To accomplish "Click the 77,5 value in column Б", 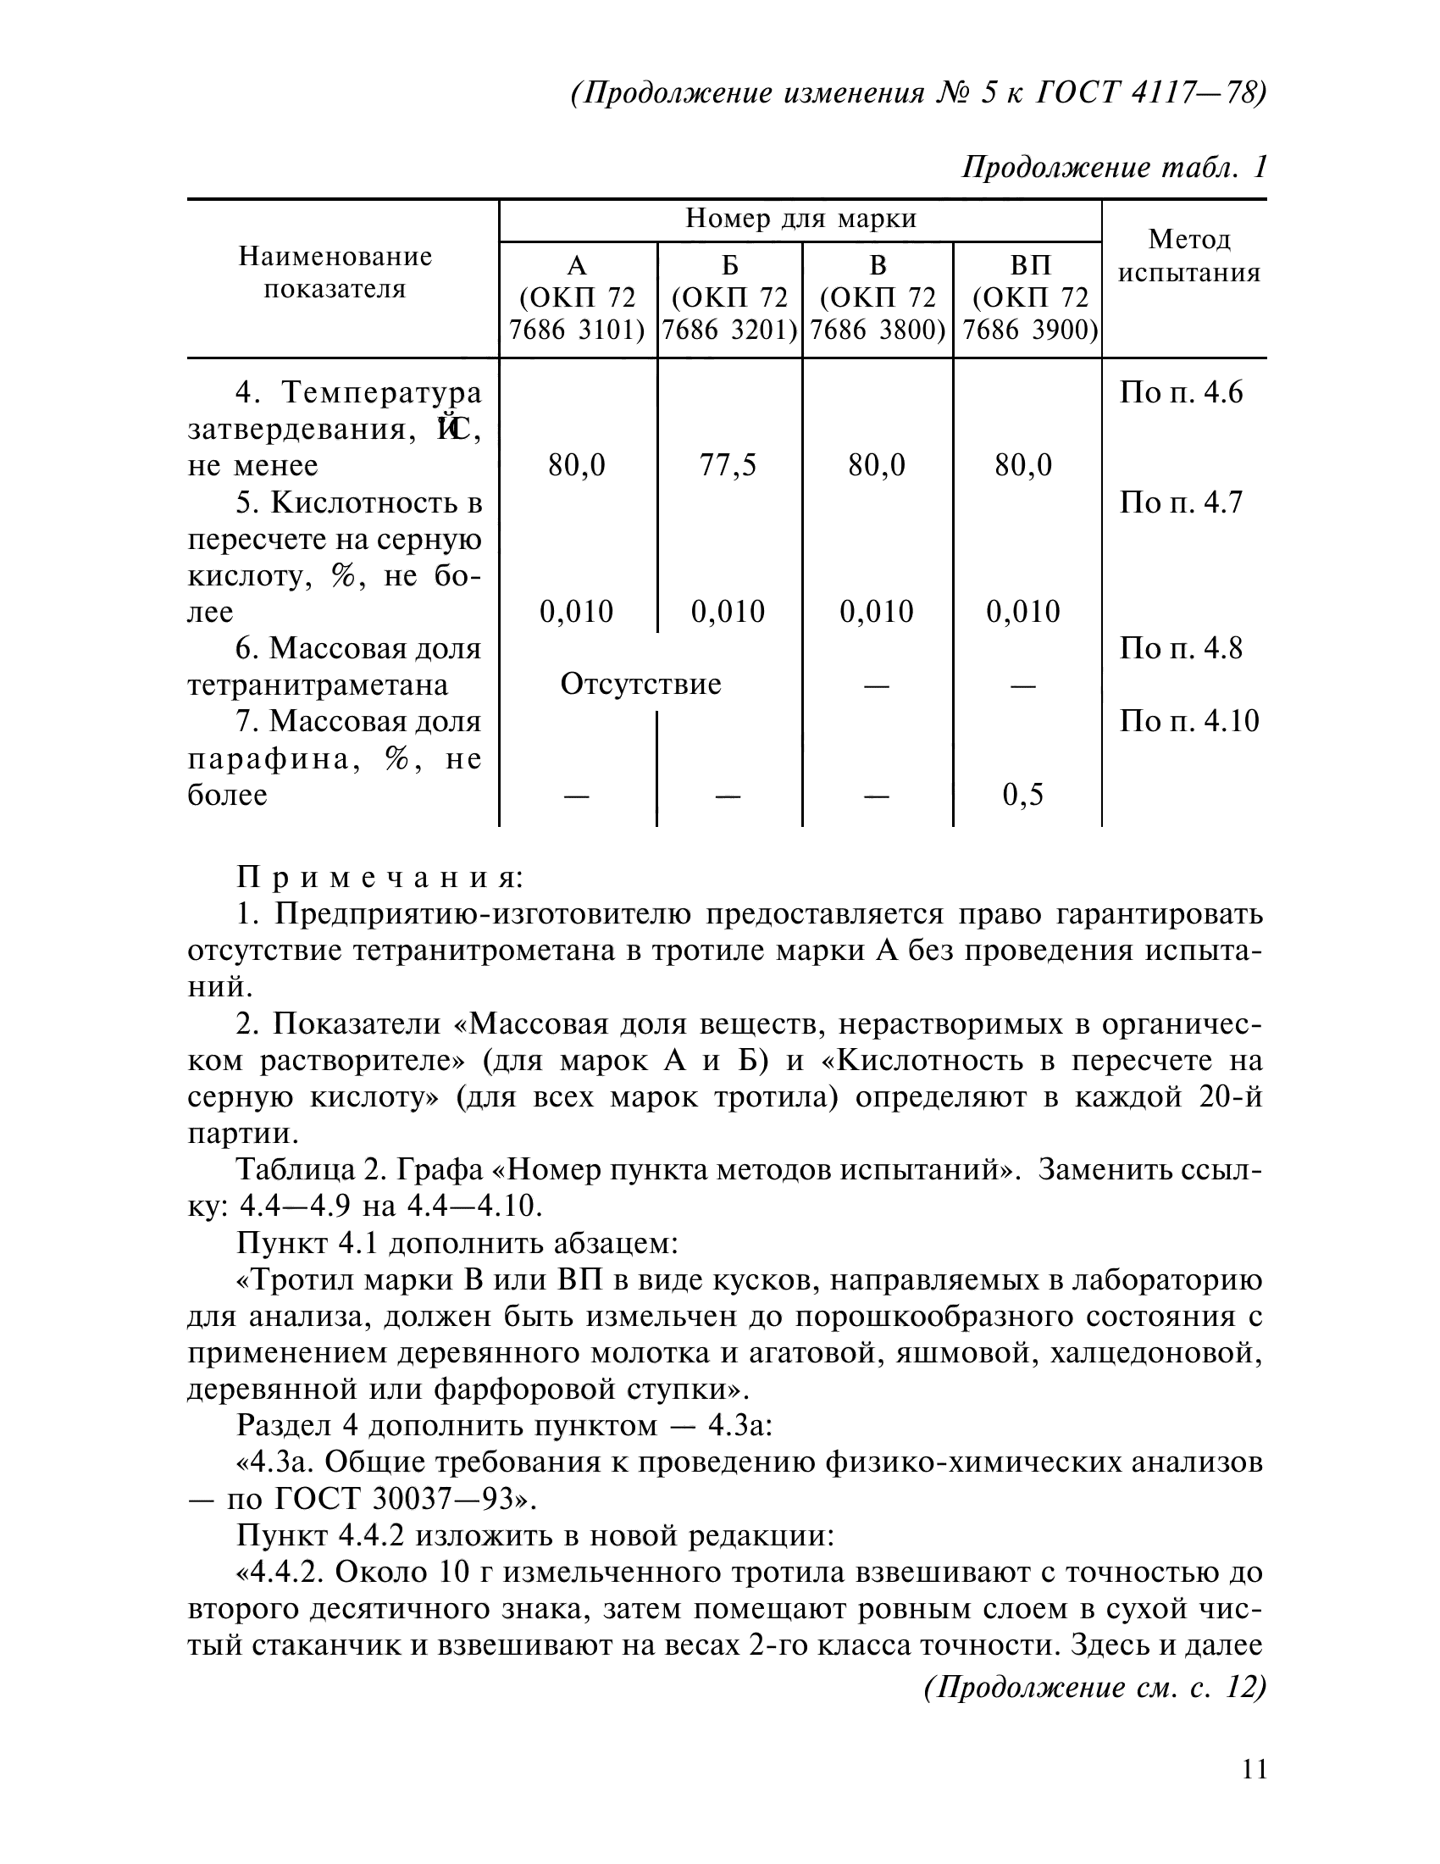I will (728, 465).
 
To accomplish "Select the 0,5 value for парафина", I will (1023, 795).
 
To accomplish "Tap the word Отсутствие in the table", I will (640, 684).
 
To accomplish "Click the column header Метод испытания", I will (1189, 256).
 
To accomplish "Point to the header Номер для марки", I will (800, 219).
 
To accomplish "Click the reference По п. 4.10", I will (1189, 721).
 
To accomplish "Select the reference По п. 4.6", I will (1181, 392).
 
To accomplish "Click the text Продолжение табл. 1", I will (1114, 167).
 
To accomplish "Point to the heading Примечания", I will (379, 877).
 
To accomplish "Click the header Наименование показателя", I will (335, 273).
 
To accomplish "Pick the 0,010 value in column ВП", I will (1023, 611).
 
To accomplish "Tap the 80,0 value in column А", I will (577, 465).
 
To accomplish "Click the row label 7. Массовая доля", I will (358, 722).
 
